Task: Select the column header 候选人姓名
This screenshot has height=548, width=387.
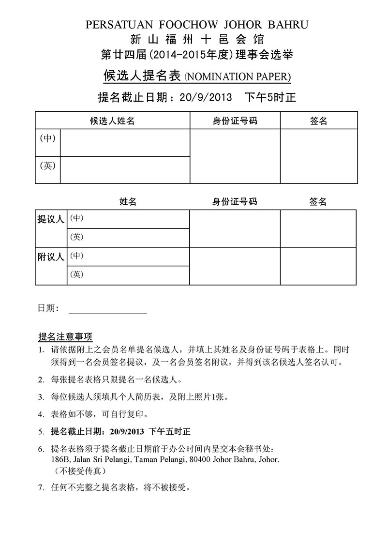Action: pos(112,121)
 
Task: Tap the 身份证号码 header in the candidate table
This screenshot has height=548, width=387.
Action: pos(235,121)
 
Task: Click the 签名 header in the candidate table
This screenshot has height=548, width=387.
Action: pos(318,121)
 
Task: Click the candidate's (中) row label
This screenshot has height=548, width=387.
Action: pos(47,138)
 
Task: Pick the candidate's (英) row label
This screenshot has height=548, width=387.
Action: pos(47,166)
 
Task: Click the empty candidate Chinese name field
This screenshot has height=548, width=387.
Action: pos(124,143)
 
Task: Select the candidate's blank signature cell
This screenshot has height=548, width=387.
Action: pos(319,156)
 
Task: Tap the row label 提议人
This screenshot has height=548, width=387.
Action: pos(51,219)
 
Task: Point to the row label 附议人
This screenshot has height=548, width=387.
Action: pos(51,257)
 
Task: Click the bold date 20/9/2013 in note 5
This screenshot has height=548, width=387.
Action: pos(127,431)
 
